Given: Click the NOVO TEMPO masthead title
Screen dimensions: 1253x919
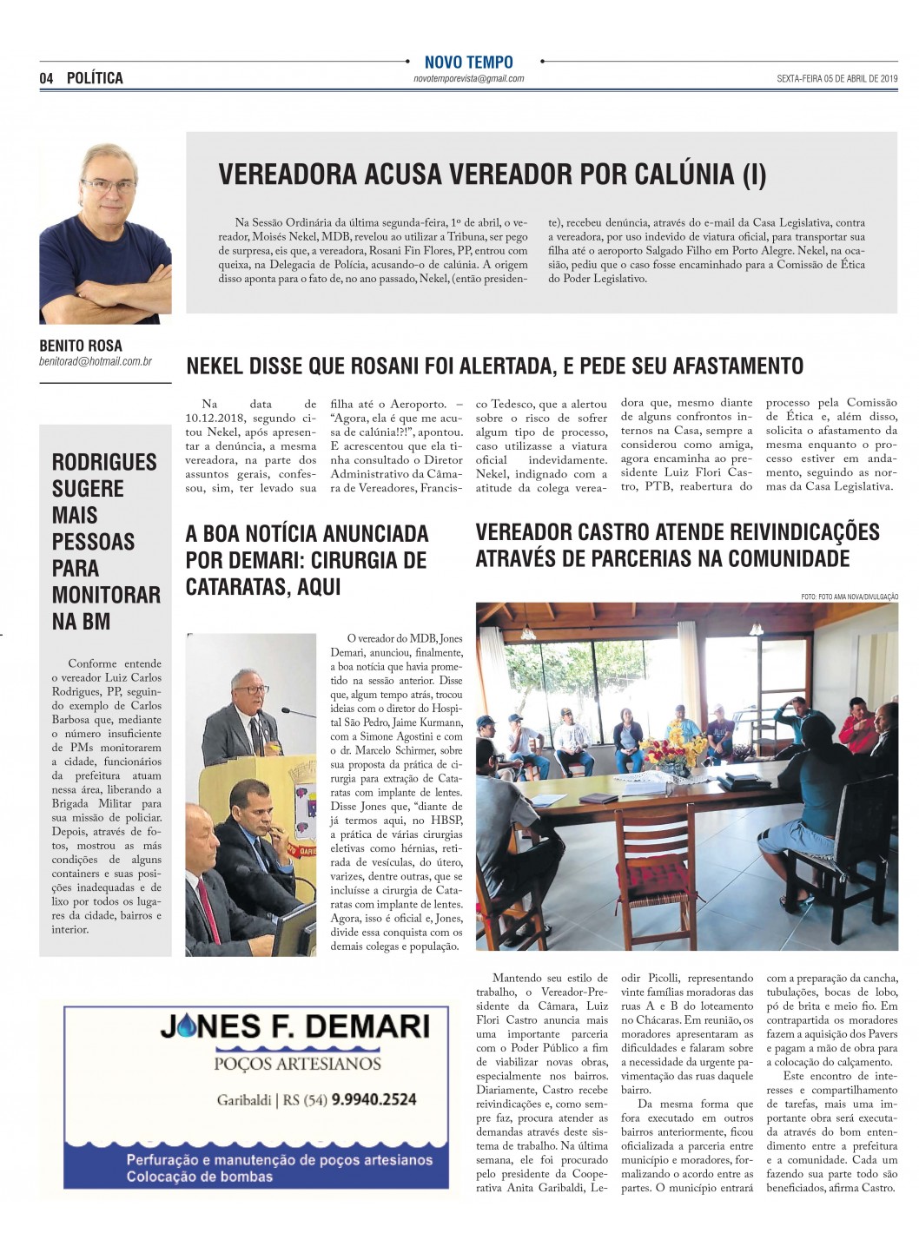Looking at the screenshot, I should click(x=468, y=63).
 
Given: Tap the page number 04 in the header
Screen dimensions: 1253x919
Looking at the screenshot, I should click(x=46, y=79).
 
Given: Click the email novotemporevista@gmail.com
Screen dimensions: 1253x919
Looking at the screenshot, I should click(x=468, y=79).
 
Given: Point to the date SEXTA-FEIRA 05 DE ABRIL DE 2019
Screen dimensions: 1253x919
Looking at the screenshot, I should click(x=837, y=79).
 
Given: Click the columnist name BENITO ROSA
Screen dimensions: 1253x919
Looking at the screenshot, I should click(x=81, y=346).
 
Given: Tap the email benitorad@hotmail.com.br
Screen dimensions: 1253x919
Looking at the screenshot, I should click(x=95, y=360).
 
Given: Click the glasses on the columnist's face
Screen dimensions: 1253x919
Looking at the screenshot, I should click(x=109, y=184).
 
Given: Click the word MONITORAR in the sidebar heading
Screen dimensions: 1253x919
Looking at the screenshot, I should click(x=106, y=596).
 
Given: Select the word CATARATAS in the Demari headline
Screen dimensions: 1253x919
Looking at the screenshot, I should click(x=233, y=588).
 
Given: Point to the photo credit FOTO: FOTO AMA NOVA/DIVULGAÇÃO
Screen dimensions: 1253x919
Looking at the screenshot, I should click(x=850, y=596).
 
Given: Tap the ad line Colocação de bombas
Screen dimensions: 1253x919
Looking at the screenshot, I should click(x=199, y=1177).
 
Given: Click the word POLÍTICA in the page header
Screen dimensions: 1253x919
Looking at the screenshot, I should click(x=95, y=79).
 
